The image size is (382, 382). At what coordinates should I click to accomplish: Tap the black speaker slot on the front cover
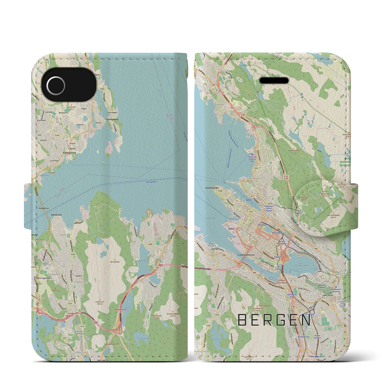point(274,81)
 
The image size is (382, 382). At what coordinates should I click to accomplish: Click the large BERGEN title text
point(274,321)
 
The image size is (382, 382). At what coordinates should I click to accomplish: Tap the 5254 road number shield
point(57,135)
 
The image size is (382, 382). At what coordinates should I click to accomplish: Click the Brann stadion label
point(318,337)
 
